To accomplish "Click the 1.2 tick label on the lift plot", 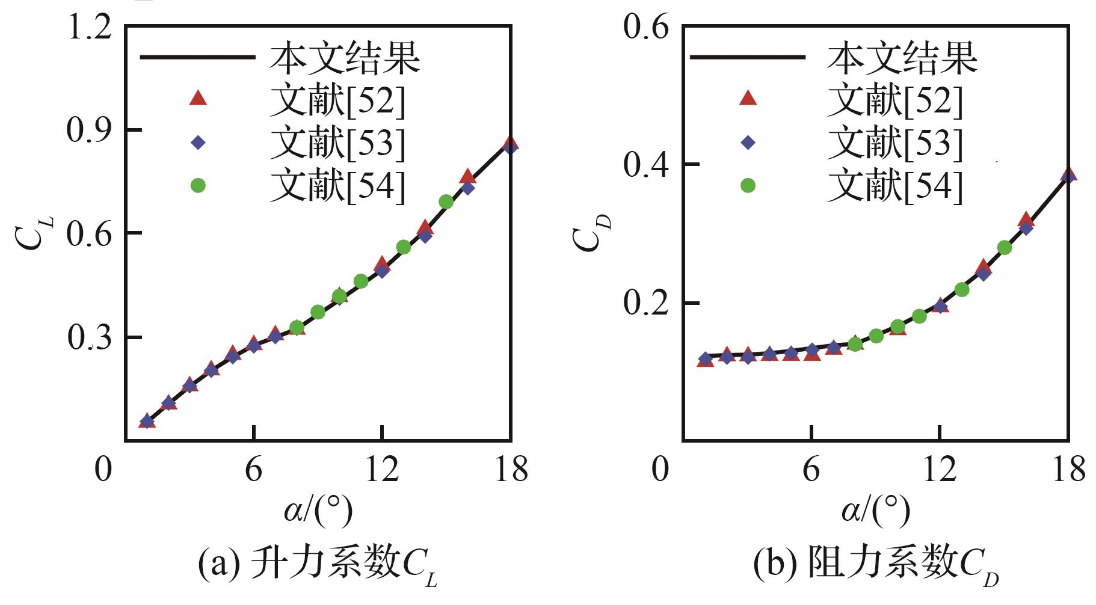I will pos(89,28).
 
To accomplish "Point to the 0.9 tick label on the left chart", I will pos(89,131).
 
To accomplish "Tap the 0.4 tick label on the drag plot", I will pos(647,165).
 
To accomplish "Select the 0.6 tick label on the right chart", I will pos(647,28).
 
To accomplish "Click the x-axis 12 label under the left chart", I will pos(383,468).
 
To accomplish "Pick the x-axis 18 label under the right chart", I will pos(1068,468).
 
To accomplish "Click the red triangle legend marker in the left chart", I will pos(198,97).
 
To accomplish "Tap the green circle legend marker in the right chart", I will pos(748,186).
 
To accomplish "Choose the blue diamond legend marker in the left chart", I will pos(198,143).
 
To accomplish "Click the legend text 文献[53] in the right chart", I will pos(894,143).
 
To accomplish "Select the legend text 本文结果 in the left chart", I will pos(345,58).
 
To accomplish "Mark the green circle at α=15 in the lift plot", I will pos(446,201).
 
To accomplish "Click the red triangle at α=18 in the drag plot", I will pos(1068,175).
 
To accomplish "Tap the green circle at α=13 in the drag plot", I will pos(962,290).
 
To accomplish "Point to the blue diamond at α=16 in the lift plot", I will pos(467,188).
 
